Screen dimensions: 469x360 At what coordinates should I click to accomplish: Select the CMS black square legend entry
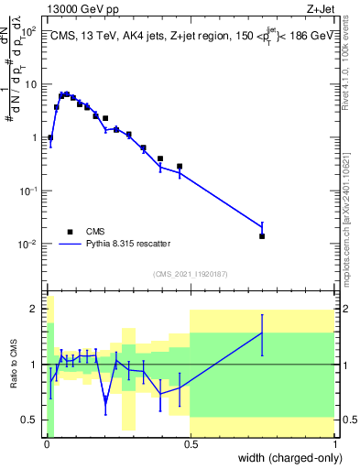[x=70, y=231]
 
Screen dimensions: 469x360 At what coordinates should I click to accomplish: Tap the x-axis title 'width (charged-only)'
[x=285, y=456]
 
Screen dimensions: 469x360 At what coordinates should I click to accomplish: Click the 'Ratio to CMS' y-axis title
[x=16, y=365]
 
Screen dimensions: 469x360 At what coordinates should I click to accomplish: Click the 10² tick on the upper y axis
[x=30, y=31]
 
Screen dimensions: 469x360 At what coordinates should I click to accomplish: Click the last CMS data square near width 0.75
[x=262, y=236]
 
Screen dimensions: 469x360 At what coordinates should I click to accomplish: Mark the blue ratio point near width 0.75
[x=262, y=333]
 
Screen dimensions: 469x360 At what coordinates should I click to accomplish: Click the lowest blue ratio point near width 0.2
[x=105, y=399]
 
